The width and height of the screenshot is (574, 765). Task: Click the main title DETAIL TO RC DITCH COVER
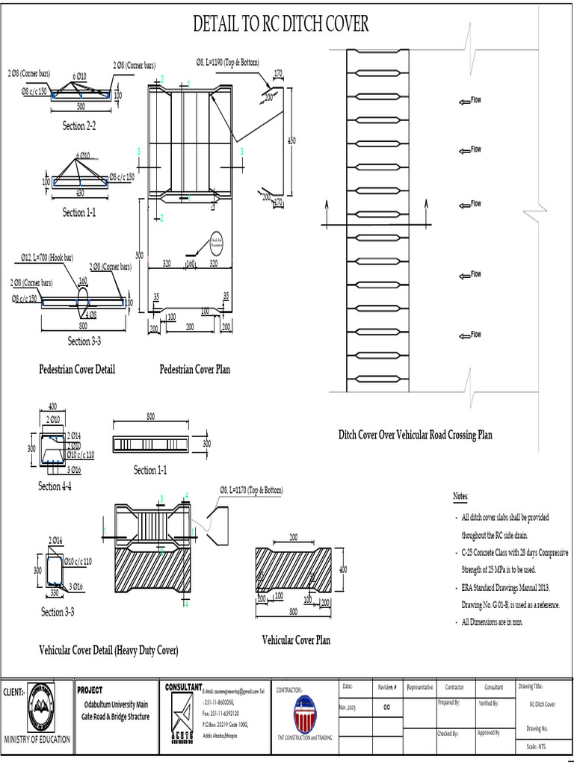pyautogui.click(x=280, y=25)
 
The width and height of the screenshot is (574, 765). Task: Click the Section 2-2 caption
pyautogui.click(x=78, y=126)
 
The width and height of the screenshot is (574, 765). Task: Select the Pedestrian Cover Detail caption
pyautogui.click(x=77, y=369)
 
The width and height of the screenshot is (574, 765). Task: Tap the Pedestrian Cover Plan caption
pyautogui.click(x=197, y=369)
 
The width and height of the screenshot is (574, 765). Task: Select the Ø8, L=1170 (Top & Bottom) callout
pyautogui.click(x=251, y=490)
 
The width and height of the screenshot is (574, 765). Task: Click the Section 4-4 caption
pyautogui.click(x=55, y=486)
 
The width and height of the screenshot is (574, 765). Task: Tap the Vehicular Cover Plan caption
pyautogui.click(x=296, y=639)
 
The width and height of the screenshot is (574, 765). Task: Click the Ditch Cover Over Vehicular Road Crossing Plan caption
pyautogui.click(x=415, y=434)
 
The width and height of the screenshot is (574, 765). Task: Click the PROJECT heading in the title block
pyautogui.click(x=90, y=690)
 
